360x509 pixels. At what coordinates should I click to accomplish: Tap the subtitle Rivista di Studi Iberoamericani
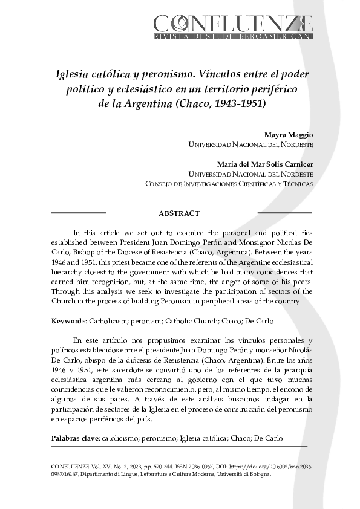233,37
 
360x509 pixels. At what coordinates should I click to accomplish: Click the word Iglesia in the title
73,74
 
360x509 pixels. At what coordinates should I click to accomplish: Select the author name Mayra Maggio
289,135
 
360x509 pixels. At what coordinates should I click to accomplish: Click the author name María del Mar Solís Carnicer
265,164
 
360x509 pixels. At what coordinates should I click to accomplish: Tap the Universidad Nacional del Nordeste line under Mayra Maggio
251,145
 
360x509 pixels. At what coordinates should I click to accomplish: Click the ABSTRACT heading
178,213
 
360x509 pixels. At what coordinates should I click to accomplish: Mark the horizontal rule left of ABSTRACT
79,213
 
